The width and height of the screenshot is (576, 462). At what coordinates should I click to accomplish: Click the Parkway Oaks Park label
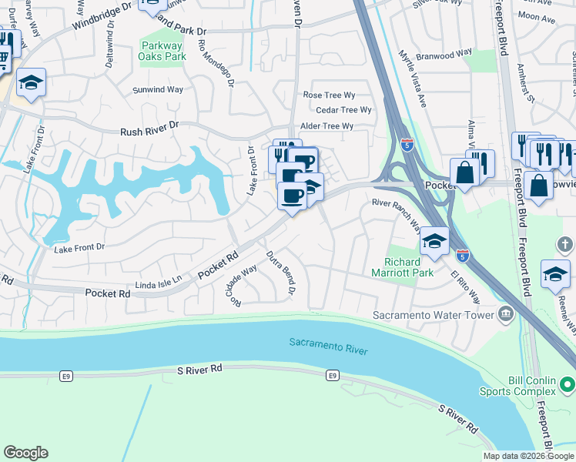point(162,51)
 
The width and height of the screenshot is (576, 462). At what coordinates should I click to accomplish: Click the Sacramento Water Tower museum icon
point(506,313)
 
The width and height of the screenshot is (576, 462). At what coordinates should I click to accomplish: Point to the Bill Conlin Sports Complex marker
point(568,383)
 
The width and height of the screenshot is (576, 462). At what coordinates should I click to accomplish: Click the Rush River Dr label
point(149,132)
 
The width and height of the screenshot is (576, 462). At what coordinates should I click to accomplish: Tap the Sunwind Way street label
point(158,90)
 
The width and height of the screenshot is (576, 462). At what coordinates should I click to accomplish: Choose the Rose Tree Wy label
point(329,95)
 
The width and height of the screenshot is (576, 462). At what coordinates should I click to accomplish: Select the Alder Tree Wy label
point(327,126)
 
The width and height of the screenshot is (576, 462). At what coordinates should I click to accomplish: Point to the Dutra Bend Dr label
point(280,272)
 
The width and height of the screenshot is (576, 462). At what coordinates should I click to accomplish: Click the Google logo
point(25,453)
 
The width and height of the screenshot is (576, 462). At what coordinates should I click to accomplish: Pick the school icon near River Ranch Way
point(434,242)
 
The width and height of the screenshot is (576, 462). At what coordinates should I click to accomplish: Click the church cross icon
point(566,246)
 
